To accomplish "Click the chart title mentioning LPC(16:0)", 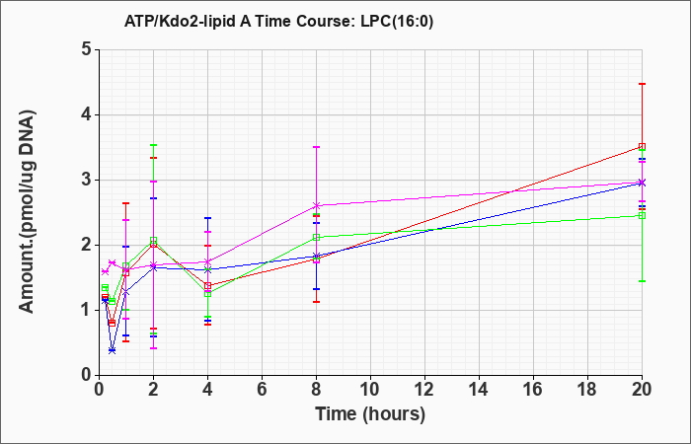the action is [278, 21].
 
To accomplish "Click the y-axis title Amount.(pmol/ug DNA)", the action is [28, 211].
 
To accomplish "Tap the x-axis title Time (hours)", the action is [370, 414].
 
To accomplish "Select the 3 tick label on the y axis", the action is [86, 180].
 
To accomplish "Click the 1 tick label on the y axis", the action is [86, 310].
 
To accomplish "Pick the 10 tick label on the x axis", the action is [370, 390].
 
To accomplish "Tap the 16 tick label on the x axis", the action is [533, 390].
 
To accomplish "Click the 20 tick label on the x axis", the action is [642, 390].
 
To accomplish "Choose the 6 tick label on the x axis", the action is [262, 390].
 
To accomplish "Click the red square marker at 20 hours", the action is [642, 147].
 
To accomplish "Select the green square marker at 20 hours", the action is [642, 216].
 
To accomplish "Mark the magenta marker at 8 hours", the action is [317, 205].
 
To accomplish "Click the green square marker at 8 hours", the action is [317, 238].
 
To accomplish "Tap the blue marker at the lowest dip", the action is [112, 350].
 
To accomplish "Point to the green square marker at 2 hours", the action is [153, 241].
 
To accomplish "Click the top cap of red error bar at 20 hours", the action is [642, 84].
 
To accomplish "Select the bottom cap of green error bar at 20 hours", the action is [642, 281].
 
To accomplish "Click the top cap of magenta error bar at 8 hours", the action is [317, 147].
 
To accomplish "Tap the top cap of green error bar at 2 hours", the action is [153, 145].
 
